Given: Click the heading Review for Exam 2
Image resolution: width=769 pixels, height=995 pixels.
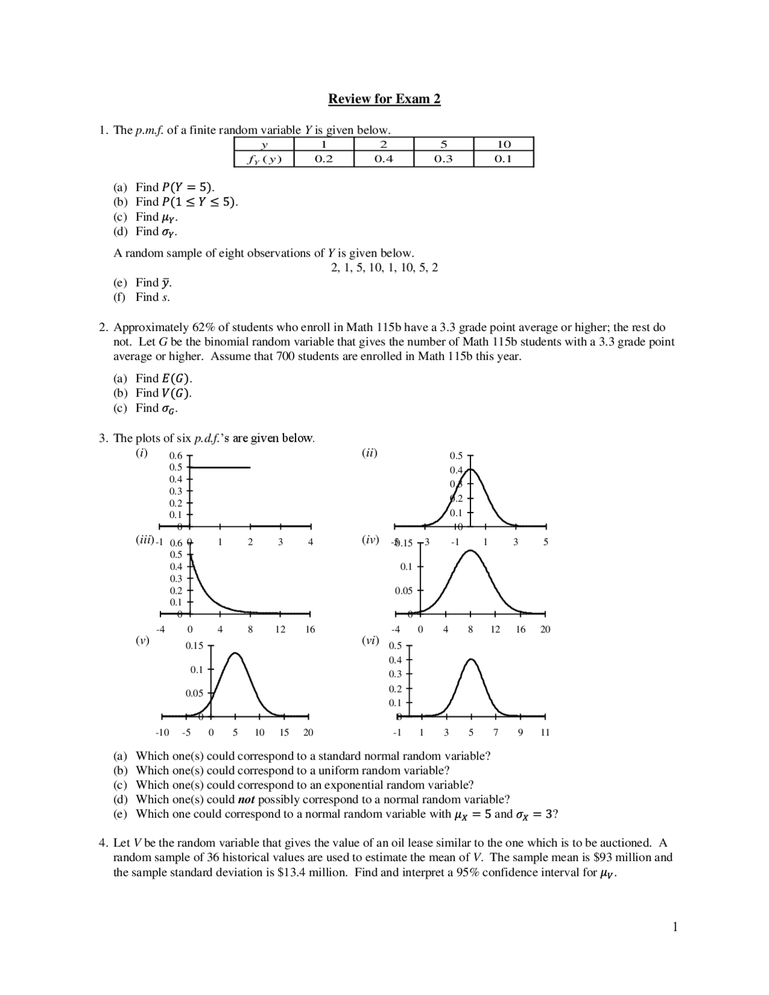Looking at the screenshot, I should click(x=384, y=99).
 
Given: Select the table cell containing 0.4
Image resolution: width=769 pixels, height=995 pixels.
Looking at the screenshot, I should click(x=384, y=159).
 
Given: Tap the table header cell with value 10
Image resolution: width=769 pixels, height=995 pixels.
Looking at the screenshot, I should click(x=503, y=144).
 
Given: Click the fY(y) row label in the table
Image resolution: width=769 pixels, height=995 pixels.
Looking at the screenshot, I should click(x=264, y=159).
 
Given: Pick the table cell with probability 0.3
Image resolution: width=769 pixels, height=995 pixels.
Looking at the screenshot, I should click(x=443, y=159).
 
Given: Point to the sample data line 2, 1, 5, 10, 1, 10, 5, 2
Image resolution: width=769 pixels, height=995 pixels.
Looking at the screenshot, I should click(x=384, y=268).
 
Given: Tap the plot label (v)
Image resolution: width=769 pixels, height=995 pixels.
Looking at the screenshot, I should click(x=142, y=641).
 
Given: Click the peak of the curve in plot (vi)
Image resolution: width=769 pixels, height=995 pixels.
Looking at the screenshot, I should click(x=472, y=660).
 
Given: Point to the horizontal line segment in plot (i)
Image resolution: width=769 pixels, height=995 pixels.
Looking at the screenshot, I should click(x=220, y=467).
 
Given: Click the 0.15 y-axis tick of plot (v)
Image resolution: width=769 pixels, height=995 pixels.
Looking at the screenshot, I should click(x=194, y=646).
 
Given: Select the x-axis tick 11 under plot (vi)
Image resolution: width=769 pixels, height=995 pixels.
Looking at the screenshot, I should click(x=545, y=733).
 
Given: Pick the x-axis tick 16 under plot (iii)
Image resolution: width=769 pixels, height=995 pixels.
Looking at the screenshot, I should click(x=310, y=630).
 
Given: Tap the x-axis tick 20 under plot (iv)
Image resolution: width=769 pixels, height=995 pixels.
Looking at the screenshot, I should click(x=545, y=630).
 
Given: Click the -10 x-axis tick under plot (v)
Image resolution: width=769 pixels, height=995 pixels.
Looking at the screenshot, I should click(x=162, y=733).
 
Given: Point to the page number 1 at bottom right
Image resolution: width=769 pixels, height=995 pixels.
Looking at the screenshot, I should click(x=675, y=927).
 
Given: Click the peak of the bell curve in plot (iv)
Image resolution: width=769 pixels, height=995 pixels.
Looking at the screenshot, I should click(x=470, y=550).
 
